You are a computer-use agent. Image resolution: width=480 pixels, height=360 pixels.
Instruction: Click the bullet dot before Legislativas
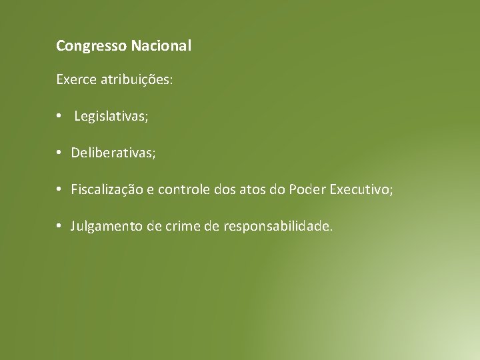(x=59, y=117)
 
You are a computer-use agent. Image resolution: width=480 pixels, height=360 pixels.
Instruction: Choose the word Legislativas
(x=111, y=117)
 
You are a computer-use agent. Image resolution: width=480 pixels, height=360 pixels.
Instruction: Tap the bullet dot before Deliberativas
(x=59, y=153)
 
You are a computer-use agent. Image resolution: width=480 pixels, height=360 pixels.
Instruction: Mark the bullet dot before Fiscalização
(x=59, y=190)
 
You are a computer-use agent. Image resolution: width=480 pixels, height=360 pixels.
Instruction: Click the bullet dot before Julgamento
(x=59, y=227)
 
